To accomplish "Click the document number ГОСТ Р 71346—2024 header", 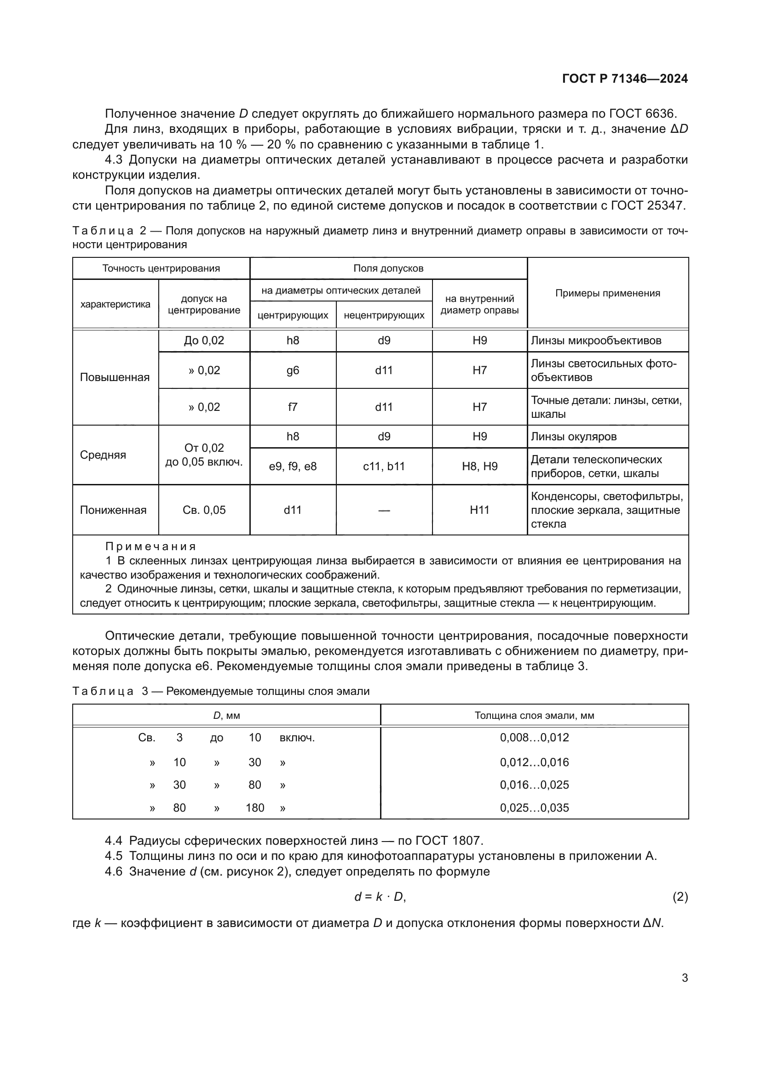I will (625, 79).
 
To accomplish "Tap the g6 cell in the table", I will (293, 370).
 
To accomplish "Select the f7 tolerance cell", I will (293, 407).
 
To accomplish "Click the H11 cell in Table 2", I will (479, 510).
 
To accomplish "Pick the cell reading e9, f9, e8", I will (293, 466).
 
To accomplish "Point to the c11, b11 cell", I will (384, 466).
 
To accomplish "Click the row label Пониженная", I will (113, 510).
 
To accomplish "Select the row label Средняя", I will (103, 455).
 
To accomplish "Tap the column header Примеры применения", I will (607, 293).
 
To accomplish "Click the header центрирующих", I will (293, 315).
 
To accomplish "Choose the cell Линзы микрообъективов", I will (595, 341).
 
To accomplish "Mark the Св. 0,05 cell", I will (204, 510).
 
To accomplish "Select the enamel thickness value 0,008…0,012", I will (534, 737).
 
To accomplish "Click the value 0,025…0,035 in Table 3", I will (534, 808).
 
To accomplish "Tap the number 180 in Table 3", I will (255, 808).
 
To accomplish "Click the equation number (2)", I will (680, 897).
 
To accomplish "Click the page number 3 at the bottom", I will (685, 978).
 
